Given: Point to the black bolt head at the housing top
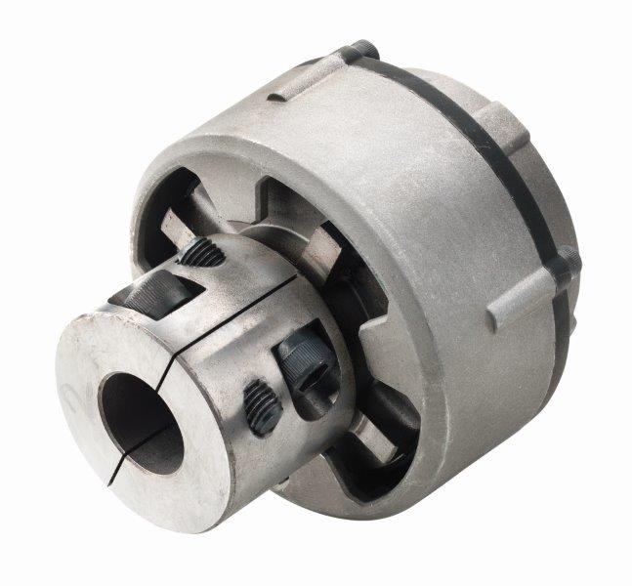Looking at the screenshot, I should coord(362,48).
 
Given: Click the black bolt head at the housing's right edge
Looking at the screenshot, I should coord(567,259).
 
